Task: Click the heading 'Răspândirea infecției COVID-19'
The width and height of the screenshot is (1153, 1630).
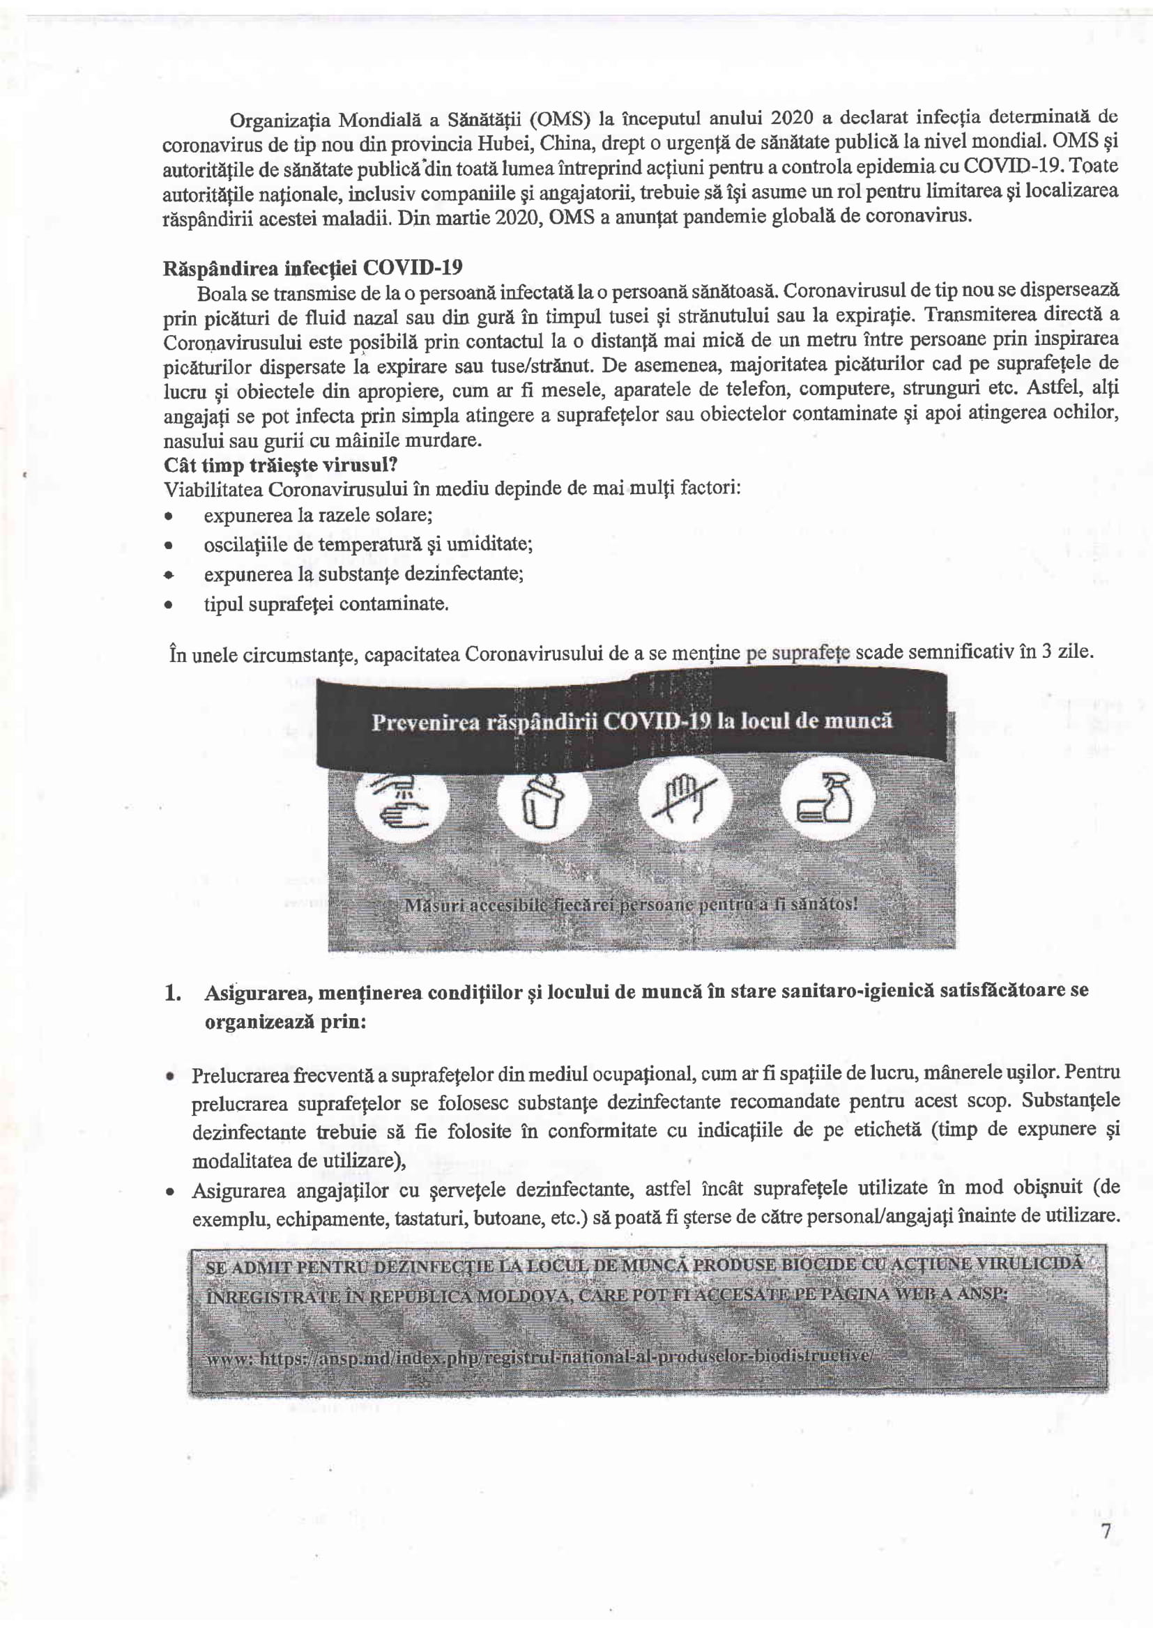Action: (x=312, y=268)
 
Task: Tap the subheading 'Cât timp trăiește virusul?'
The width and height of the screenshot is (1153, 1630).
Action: (x=280, y=465)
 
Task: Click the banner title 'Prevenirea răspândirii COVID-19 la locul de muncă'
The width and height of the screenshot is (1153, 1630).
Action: (x=631, y=721)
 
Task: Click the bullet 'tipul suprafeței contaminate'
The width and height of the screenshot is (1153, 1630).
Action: (x=326, y=604)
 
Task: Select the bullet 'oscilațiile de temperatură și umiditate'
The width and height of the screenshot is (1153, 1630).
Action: (x=368, y=544)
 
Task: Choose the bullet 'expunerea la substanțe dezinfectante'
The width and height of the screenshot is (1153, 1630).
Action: (x=363, y=574)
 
